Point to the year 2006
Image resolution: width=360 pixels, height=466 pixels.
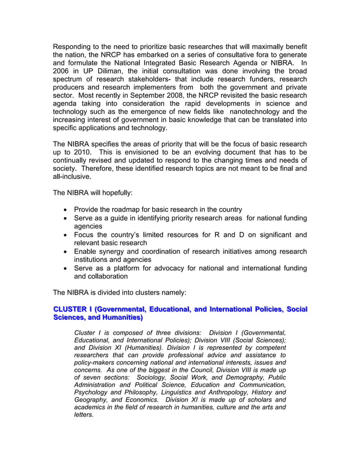coord(62,72)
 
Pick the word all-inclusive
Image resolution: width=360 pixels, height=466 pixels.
coord(72,176)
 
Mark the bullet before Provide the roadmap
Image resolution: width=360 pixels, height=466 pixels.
coord(67,210)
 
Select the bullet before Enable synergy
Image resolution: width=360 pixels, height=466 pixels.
coord(67,252)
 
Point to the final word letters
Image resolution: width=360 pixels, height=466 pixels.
coord(84,415)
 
